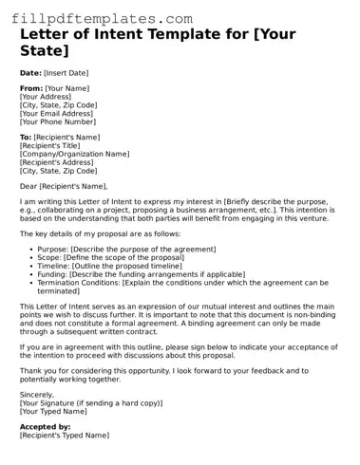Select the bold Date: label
click(30, 72)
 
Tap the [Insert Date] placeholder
click(66, 72)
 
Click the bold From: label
click(31, 88)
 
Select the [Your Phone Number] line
click(58, 121)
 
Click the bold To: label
click(26, 138)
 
